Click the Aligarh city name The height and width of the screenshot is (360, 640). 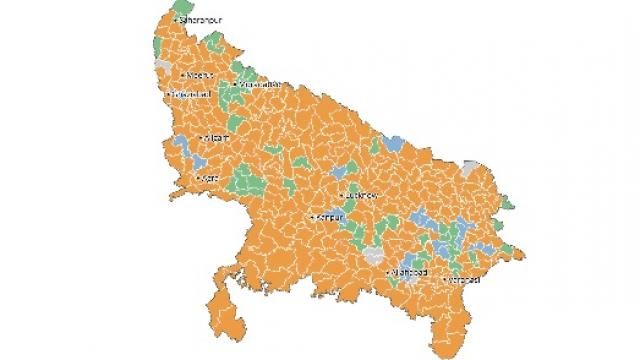pyautogui.click(x=218, y=138)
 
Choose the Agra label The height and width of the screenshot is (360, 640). pyautogui.click(x=211, y=179)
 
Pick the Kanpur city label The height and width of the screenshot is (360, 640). pyautogui.click(x=330, y=217)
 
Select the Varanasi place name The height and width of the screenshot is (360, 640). pyautogui.click(x=465, y=279)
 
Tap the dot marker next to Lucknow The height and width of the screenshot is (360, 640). pyautogui.click(x=342, y=195)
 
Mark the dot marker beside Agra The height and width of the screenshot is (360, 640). pyautogui.click(x=201, y=179)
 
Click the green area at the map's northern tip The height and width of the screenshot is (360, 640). pyautogui.click(x=181, y=10)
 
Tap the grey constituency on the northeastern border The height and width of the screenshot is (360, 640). pyautogui.click(x=471, y=166)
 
